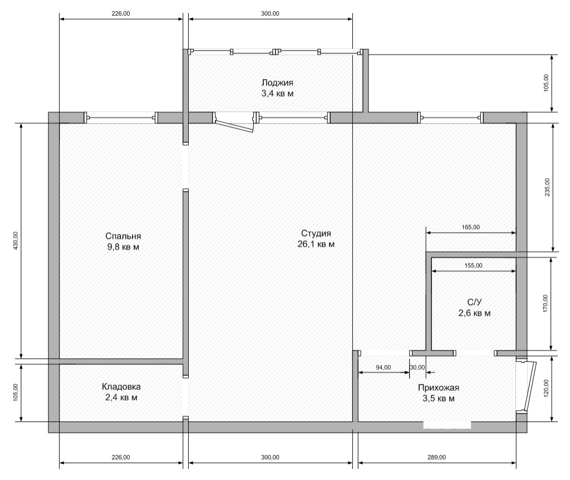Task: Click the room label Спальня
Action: (123, 236)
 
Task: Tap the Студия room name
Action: (316, 233)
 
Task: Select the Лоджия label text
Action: (277, 82)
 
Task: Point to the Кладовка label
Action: (121, 386)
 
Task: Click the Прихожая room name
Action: (439, 388)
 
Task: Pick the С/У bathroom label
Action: (474, 302)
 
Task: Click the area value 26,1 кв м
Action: (316, 244)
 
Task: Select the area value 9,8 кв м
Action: (123, 247)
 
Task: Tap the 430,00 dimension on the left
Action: (15, 241)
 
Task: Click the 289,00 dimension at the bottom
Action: (436, 457)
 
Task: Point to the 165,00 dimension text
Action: (471, 227)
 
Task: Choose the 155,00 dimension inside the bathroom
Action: (473, 266)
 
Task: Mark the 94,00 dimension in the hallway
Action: (383, 368)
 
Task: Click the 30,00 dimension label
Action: (417, 368)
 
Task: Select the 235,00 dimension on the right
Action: (547, 187)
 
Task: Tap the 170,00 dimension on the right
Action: (546, 303)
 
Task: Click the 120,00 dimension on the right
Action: (546, 388)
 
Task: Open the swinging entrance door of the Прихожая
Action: (527, 386)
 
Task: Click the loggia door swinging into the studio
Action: (234, 123)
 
